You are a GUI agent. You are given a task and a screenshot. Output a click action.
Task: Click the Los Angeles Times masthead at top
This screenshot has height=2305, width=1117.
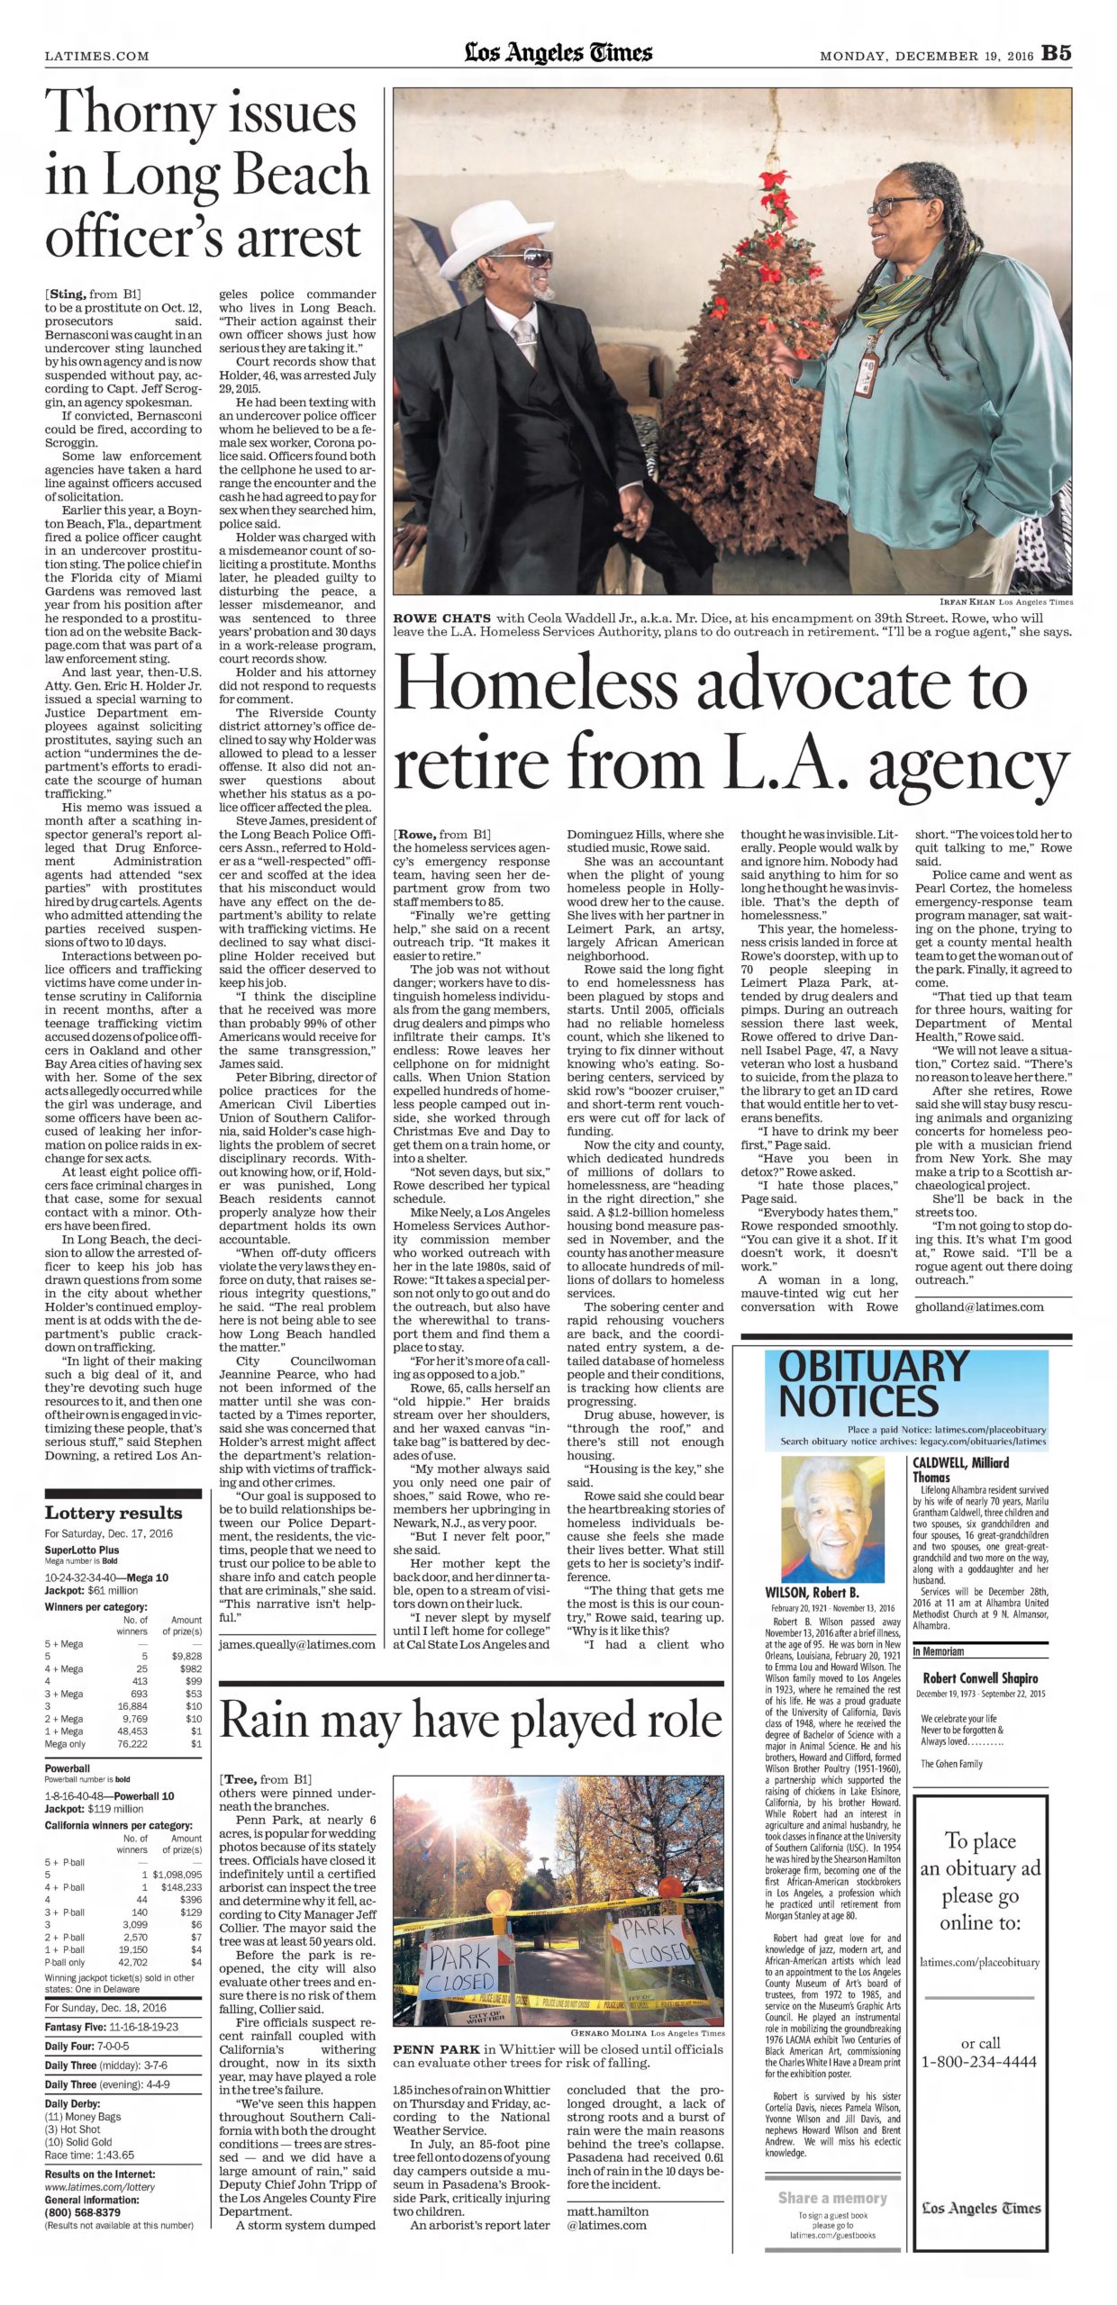pos(558,53)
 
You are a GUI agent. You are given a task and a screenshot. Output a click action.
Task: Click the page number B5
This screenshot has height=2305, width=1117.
pos(1057,53)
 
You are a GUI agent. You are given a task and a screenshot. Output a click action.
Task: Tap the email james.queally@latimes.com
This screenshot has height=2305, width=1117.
pos(297,1644)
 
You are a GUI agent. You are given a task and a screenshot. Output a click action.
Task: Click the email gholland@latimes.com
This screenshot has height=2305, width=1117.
pos(979,1306)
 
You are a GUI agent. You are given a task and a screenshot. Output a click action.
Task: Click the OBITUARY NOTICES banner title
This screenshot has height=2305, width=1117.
pos(872,1387)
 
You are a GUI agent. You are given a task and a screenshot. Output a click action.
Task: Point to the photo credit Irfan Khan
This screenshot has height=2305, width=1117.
pos(967,602)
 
